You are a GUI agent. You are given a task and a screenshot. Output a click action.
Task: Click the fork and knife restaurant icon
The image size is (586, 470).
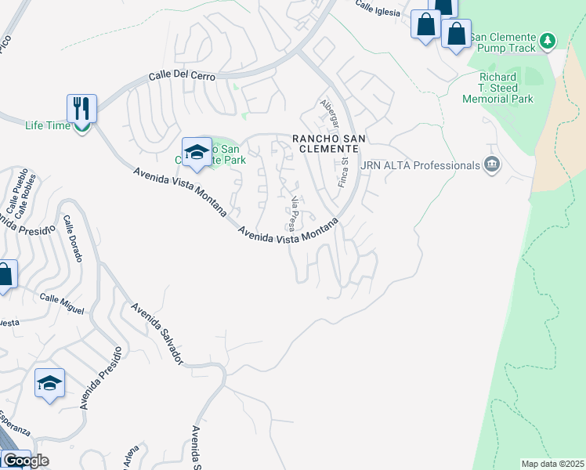click(81, 108)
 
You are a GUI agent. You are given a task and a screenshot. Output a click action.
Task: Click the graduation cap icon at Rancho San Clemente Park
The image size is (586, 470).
click(197, 152)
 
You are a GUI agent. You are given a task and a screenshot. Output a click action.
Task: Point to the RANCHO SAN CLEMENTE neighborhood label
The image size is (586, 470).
click(329, 145)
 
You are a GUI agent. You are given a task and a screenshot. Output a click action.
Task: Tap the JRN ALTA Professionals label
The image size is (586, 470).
click(419, 165)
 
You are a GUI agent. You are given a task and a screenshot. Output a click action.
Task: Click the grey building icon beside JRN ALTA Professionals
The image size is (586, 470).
click(492, 164)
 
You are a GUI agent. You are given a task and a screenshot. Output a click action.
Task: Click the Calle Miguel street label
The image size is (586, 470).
click(62, 304)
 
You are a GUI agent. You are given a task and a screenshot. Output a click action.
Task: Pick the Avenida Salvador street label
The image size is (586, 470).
click(157, 334)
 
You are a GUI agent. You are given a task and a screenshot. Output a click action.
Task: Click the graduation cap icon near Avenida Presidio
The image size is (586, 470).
click(49, 384)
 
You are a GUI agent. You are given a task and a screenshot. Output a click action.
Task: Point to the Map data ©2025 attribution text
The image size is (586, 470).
click(552, 464)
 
